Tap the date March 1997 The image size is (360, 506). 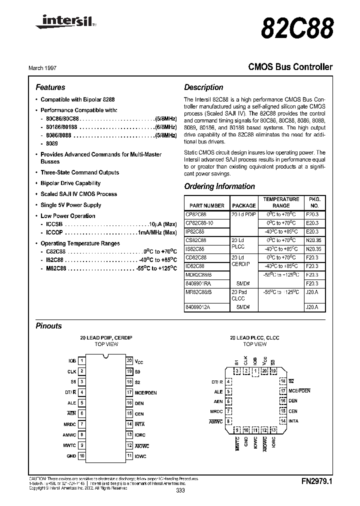pos(49,67)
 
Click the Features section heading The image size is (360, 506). pos(50,87)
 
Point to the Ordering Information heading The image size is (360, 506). pos(219,186)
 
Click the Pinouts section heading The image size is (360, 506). pos(49,326)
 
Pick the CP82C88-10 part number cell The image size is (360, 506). pos(199,223)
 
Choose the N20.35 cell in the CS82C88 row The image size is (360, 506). pos(314,240)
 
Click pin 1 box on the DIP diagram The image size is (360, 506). pos(82,360)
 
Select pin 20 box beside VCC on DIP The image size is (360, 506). pos(129,360)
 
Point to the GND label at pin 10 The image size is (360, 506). pos(71,456)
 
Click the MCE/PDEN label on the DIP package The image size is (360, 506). pos(145,392)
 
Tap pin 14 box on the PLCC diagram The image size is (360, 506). pos(283,421)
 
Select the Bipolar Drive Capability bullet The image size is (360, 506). pos(70,183)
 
